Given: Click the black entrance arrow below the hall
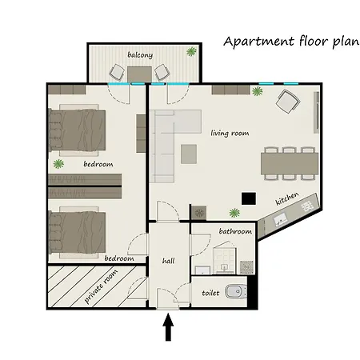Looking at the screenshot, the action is pos(168,327).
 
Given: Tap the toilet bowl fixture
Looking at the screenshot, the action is pos(236,291).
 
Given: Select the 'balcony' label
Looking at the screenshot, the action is pos(140,55).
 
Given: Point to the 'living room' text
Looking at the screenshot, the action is pos(230,133).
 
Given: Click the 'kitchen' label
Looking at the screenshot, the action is pos(287,198).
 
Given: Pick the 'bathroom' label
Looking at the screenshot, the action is pos(235,231).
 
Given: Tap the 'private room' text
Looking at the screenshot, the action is pos(101,286).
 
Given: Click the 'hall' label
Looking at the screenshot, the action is pos(169,261).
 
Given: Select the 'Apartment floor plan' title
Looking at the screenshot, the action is pos(291,42).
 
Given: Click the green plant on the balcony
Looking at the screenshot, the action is pos(191,51).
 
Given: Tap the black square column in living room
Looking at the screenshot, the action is pos(249,198).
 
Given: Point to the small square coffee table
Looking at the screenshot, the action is pos(189,154).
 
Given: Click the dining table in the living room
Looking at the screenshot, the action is pos(290,163).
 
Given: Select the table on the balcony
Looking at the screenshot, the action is pos(139,74).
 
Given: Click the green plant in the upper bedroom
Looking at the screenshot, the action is pos(58,164).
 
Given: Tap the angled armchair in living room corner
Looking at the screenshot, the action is pos(287,101).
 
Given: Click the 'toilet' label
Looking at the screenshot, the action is pos(210,293).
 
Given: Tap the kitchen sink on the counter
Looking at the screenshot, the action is pos(280,221).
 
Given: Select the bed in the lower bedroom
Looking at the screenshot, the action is pos(78,232).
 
